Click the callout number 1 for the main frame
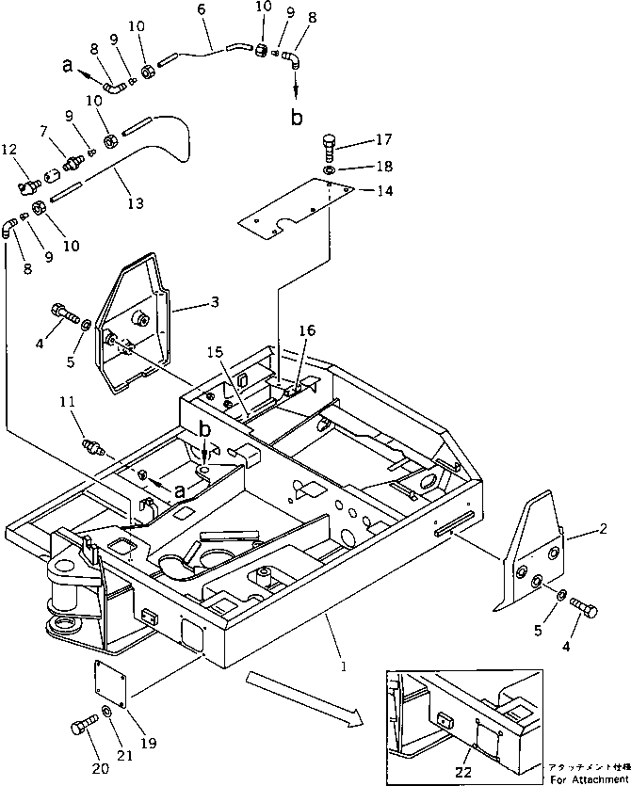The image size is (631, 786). coord(344,666)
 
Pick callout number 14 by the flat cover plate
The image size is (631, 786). coord(383,190)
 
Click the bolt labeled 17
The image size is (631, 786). coord(329,145)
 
